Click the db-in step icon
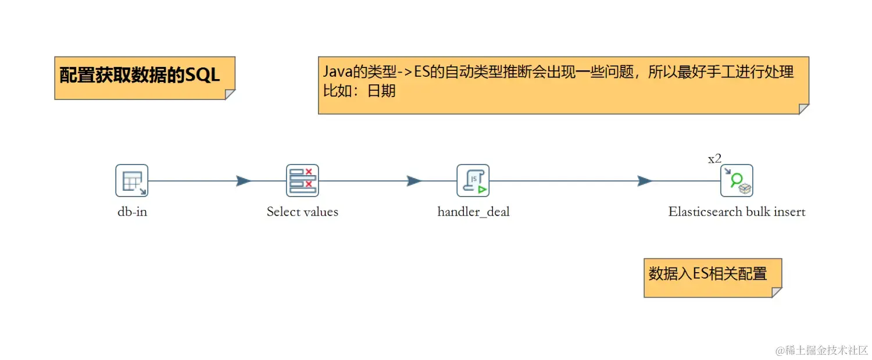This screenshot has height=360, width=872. click(x=132, y=180)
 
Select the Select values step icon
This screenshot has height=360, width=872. click(x=302, y=180)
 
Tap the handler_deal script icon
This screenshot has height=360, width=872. click(x=473, y=180)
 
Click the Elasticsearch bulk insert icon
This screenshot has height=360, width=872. click(x=737, y=180)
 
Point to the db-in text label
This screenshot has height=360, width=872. click(x=132, y=212)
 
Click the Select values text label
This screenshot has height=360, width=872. click(x=302, y=212)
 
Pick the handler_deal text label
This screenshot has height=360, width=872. click(x=473, y=212)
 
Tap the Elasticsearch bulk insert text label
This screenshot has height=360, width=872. click(x=737, y=212)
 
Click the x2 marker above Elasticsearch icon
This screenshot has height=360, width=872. click(x=714, y=159)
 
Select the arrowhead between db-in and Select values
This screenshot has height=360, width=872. click(x=244, y=181)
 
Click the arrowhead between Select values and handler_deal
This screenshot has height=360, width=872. click(x=414, y=181)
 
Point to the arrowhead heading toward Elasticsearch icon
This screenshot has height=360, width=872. click(x=645, y=181)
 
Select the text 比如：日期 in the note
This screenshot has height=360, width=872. click(x=359, y=91)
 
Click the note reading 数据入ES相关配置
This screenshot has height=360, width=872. click(x=707, y=274)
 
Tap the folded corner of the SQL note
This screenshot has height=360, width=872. click(x=230, y=94)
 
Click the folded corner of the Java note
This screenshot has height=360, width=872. click(x=803, y=109)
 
